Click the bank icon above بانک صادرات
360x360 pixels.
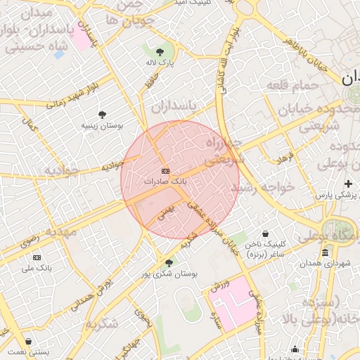click(x=165, y=171)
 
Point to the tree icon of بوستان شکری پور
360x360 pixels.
click(x=167, y=262)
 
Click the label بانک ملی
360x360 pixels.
click(x=37, y=268)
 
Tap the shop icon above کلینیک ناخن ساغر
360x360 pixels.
click(x=265, y=234)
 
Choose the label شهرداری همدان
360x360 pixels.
click(x=325, y=263)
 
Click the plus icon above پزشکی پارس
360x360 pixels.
click(x=348, y=184)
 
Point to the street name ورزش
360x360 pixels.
click(x=219, y=285)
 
